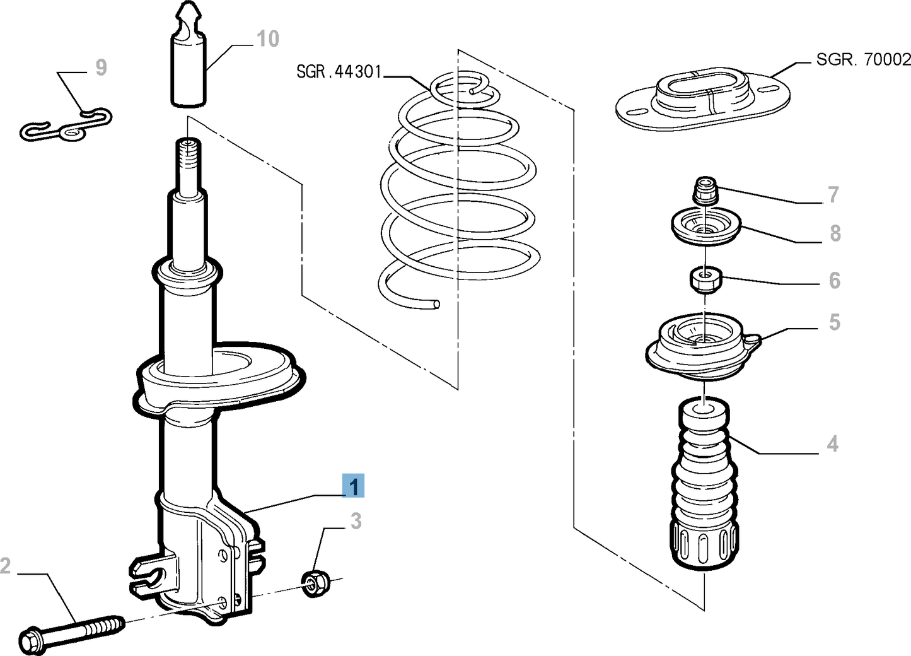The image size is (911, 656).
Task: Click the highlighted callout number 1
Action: (x=354, y=486)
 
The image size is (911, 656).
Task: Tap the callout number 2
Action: (x=6, y=565)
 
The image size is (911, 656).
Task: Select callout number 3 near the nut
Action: (x=356, y=521)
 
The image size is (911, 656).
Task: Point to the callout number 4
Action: (x=832, y=444)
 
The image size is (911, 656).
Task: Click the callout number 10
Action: (x=267, y=39)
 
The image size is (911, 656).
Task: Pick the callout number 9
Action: (x=101, y=67)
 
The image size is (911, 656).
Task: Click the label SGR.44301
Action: (x=339, y=71)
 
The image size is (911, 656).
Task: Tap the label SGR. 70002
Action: (x=862, y=59)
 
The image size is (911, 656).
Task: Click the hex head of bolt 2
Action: (x=30, y=640)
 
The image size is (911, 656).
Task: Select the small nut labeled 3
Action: (x=313, y=583)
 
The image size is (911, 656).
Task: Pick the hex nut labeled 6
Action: (x=705, y=279)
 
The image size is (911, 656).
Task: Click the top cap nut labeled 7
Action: (x=706, y=190)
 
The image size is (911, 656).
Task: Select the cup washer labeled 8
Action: (x=705, y=228)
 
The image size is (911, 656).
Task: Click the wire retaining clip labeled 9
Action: (x=65, y=126)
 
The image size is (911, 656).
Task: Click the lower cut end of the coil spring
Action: (x=436, y=305)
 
